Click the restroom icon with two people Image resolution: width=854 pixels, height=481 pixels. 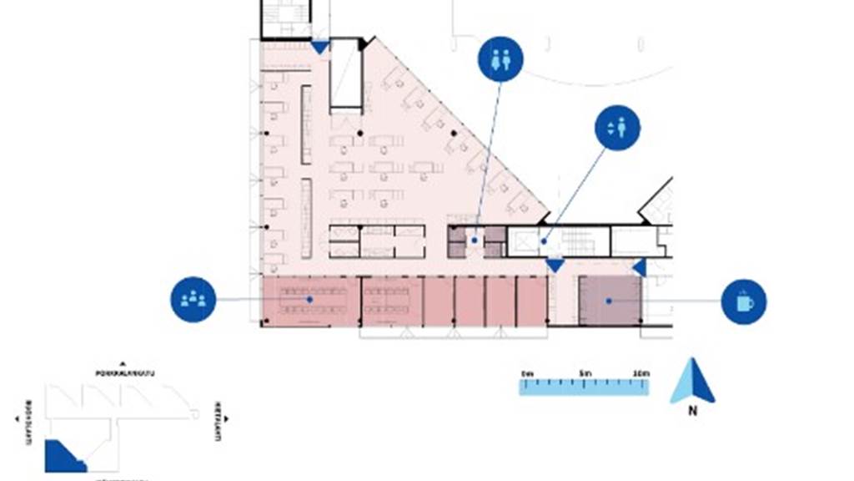tap(500, 59)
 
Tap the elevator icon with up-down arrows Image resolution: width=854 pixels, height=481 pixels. tap(617, 128)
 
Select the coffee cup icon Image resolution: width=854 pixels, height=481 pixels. tap(744, 301)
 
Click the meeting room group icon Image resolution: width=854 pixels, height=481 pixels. tap(193, 299)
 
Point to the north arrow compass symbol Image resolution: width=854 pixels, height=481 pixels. tap(692, 381)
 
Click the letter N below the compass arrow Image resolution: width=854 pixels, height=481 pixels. tap(692, 411)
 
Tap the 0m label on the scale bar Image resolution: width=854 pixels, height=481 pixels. tap(526, 372)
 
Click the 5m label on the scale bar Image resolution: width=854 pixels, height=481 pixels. tap(585, 372)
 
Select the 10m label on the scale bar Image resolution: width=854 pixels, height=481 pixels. tap(640, 372)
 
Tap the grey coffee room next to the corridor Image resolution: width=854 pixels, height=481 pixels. tap(610, 300)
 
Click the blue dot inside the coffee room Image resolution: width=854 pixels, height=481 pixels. tap(610, 300)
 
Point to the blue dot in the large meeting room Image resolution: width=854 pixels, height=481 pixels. tap(309, 298)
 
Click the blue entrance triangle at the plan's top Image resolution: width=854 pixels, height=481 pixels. tap(320, 48)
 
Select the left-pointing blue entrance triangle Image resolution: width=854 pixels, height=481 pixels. tap(640, 267)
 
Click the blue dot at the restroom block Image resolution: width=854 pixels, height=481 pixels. tap(474, 240)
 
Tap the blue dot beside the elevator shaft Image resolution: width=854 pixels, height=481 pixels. tap(543, 241)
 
